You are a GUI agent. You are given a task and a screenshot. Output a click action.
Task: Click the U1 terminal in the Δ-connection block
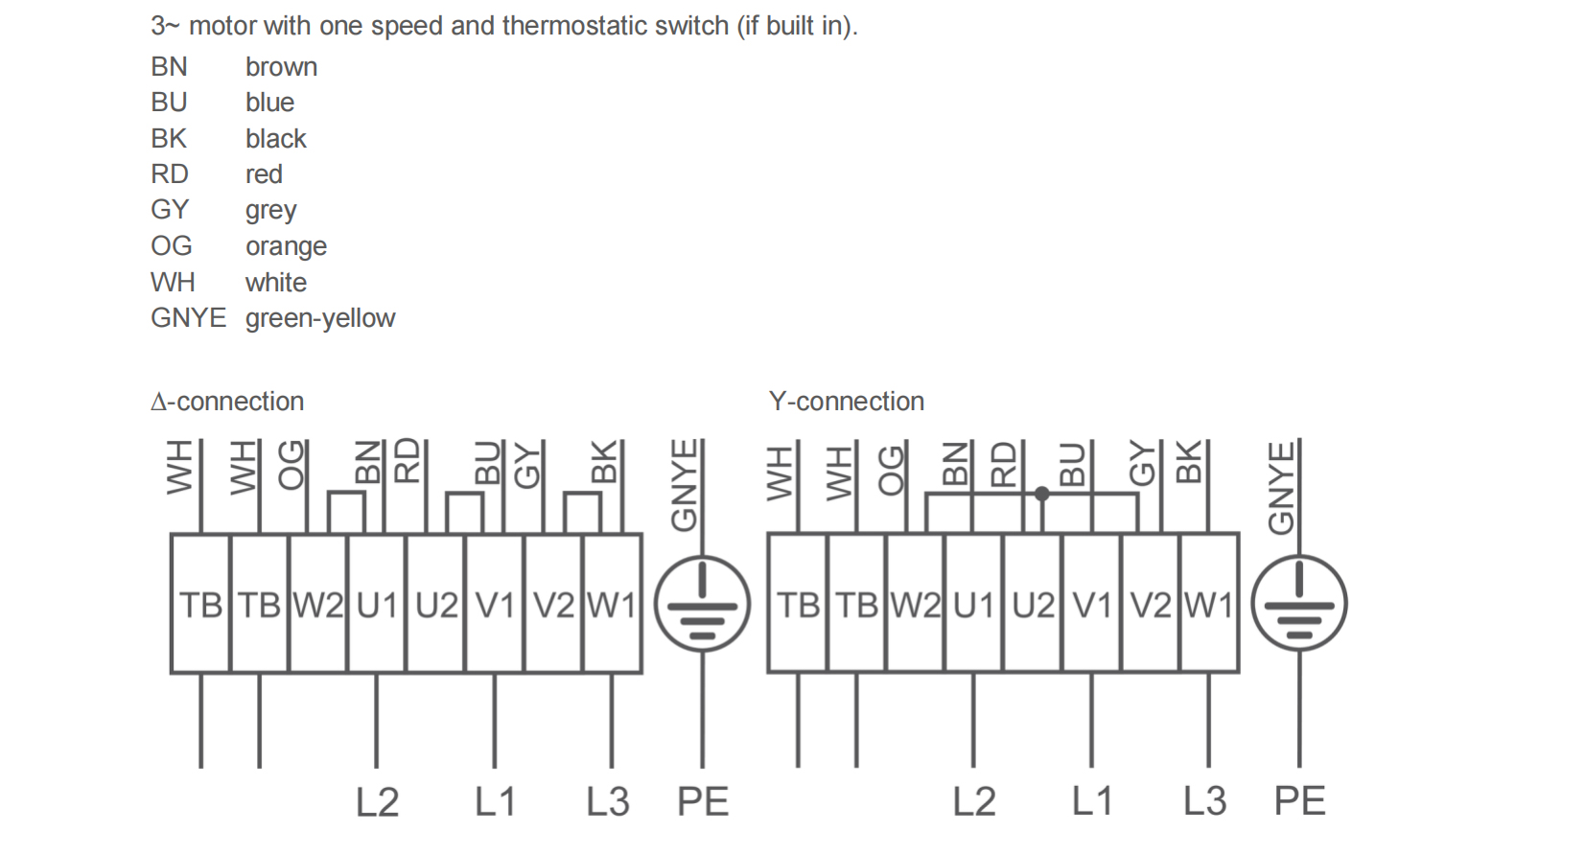point(377,605)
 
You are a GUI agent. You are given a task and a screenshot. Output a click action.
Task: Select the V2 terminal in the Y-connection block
point(1151,605)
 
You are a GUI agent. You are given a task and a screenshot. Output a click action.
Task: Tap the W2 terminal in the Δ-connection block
point(317,605)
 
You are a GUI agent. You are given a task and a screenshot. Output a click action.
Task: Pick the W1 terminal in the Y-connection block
point(1209,605)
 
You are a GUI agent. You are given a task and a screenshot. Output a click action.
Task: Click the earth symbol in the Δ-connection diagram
point(702,603)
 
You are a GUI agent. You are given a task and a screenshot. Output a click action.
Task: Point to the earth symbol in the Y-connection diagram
point(1299,603)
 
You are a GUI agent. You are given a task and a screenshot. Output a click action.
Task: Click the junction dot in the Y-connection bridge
point(1042,495)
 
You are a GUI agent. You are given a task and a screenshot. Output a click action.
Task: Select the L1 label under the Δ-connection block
point(495,801)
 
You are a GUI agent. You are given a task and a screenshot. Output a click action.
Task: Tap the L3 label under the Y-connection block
point(1204,801)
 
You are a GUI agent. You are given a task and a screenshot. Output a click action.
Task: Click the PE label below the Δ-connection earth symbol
point(703,801)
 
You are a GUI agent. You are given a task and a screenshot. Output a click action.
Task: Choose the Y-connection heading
point(846,402)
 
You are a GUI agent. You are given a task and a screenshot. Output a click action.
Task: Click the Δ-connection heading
point(227,402)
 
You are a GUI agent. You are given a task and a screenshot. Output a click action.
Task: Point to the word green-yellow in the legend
point(320,318)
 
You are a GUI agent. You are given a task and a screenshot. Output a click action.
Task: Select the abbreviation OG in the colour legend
point(171,246)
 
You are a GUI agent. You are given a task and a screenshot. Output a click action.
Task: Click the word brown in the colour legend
point(281,67)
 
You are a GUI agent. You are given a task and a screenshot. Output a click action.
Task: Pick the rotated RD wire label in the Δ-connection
point(408,460)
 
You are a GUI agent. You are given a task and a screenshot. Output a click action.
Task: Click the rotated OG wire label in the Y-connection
point(892,470)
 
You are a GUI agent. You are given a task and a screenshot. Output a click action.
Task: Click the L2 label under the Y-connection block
point(974,801)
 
